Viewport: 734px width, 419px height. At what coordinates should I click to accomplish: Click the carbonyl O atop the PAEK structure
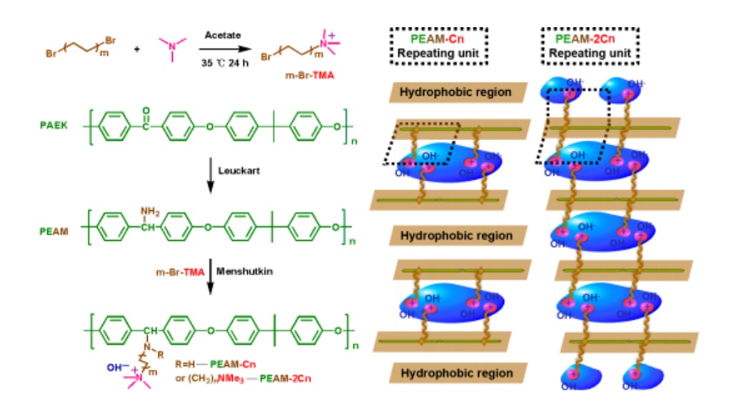[x=146, y=110]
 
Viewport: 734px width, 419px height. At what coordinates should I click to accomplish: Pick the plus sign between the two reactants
[x=138, y=50]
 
